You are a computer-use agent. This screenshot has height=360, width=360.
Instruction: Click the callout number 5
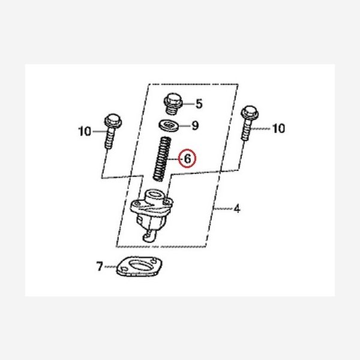pyautogui.click(x=199, y=104)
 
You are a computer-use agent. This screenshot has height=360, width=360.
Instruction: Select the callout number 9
pyautogui.click(x=195, y=125)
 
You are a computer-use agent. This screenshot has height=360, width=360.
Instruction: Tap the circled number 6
pyautogui.click(x=188, y=158)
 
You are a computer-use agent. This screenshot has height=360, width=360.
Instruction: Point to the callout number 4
pyautogui.click(x=237, y=208)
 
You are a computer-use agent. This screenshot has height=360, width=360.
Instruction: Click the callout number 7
pyautogui.click(x=99, y=266)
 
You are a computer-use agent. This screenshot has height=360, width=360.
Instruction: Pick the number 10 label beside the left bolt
pyautogui.click(x=85, y=131)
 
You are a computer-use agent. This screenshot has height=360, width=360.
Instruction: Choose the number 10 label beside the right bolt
pyautogui.click(x=278, y=128)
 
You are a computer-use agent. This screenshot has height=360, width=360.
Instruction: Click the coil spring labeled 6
pyautogui.click(x=161, y=158)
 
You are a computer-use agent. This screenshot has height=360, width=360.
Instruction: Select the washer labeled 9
pyautogui.click(x=169, y=125)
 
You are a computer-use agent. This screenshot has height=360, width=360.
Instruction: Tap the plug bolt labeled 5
pyautogui.click(x=173, y=103)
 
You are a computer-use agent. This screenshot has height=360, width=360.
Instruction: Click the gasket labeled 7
pyautogui.click(x=139, y=266)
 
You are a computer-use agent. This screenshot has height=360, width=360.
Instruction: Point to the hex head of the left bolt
pyautogui.click(x=113, y=121)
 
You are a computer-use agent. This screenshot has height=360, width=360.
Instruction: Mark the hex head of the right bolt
pyautogui.click(x=250, y=113)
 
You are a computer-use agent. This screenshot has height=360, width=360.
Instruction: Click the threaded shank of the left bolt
pyautogui.click(x=110, y=139)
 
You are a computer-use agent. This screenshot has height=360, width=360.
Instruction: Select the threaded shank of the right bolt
pyautogui.click(x=247, y=130)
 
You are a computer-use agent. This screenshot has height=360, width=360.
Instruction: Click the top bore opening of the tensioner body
pyautogui.click(x=154, y=194)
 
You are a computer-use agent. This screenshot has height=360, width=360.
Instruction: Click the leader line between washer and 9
pyautogui.click(x=185, y=125)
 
